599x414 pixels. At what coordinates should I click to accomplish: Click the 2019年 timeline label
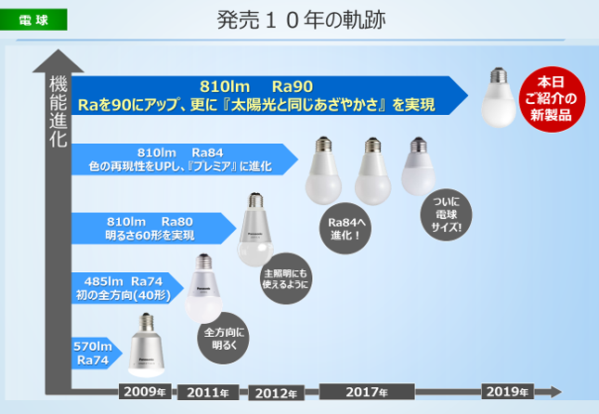click(x=507, y=392)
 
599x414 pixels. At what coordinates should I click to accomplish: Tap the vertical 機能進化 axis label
click(x=58, y=112)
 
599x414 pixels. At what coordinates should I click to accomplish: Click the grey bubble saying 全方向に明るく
click(x=223, y=338)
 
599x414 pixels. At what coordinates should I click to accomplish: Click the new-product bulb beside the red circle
click(x=498, y=98)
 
